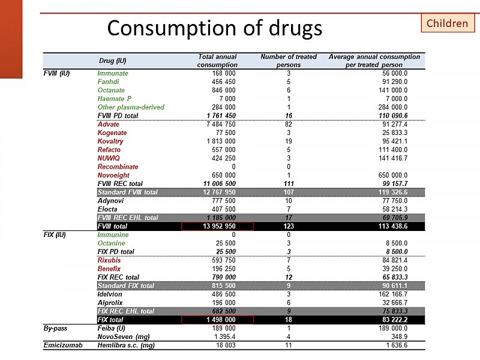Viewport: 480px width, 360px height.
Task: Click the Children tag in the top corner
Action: (447, 23)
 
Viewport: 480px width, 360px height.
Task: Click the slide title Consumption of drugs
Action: (214, 28)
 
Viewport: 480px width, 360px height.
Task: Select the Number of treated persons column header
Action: (289, 61)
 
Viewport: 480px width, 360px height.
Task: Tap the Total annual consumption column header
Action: (217, 61)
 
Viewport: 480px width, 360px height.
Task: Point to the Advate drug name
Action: (109, 124)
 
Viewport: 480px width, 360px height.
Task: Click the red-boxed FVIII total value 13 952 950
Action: (217, 226)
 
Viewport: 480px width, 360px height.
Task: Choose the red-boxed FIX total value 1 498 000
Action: (217, 320)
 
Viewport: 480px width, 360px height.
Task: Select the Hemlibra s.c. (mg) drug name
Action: (126, 346)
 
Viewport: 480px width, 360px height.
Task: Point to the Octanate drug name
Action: (111, 90)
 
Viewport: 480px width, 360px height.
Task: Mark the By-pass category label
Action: (55, 328)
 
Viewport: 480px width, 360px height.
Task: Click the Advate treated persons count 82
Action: (289, 124)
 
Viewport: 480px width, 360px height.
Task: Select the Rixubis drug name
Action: (109, 260)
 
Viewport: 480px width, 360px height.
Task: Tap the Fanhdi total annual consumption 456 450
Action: (220, 82)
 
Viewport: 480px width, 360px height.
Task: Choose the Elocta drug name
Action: (108, 209)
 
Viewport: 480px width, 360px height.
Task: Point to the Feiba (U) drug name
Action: (112, 328)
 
